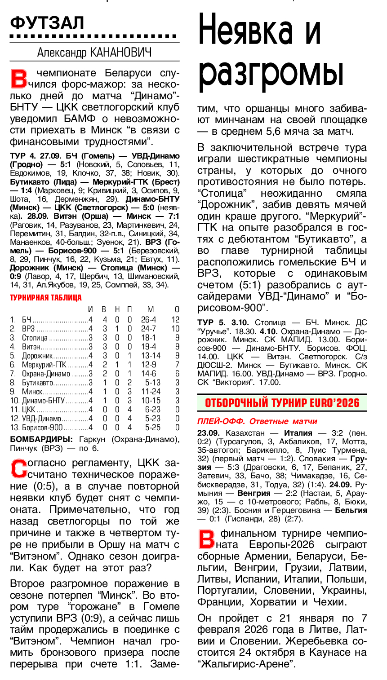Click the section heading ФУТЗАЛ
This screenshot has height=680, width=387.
tap(47, 22)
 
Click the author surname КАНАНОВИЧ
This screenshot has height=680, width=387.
tap(121, 53)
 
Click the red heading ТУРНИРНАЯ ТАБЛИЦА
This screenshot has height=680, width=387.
tap(45, 298)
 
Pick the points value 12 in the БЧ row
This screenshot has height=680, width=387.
tap(175, 320)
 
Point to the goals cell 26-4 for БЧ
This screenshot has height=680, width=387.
tap(148, 320)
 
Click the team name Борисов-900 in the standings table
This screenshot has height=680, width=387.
tap(42, 428)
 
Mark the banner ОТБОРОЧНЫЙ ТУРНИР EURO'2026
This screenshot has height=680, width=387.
tap(282, 402)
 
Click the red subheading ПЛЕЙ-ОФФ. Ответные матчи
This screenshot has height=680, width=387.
tap(257, 421)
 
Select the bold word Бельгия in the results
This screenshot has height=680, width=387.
tap(352, 510)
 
